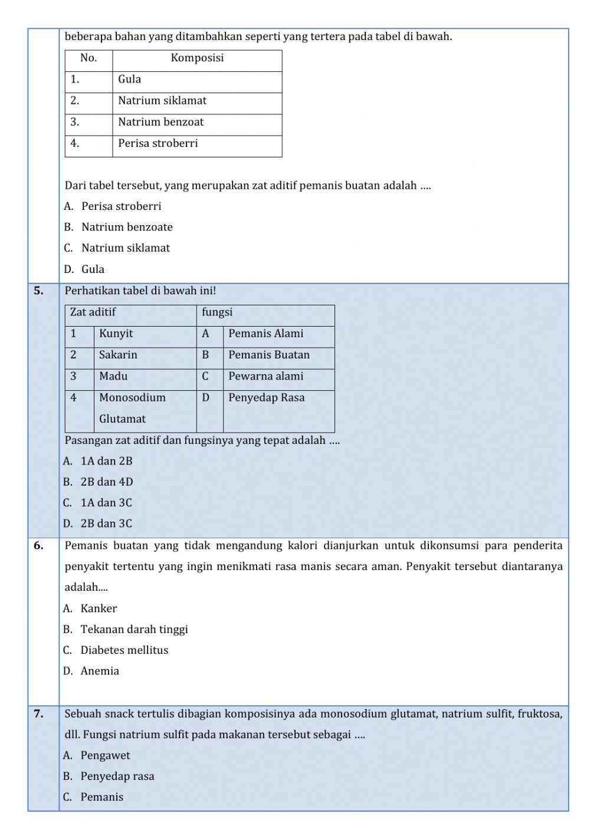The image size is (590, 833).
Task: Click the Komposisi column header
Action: coord(197,58)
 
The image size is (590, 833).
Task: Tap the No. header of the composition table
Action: coord(88,58)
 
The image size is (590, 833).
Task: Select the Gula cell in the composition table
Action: coord(130,80)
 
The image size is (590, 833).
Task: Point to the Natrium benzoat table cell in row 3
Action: coord(160,122)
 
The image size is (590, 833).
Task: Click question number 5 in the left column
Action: coord(39,291)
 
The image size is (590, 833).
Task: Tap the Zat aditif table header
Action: coord(93,312)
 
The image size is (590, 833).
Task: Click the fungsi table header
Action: coord(217,312)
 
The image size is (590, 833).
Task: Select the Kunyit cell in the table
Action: coord(116,334)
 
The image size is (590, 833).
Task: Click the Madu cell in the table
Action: coord(113,376)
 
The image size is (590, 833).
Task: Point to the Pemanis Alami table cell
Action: coord(265,334)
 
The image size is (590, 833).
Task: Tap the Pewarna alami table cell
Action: coord(265,376)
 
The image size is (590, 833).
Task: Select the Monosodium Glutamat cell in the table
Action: coord(132,408)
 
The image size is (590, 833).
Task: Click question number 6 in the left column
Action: coord(39,546)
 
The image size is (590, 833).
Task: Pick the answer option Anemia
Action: coord(100,671)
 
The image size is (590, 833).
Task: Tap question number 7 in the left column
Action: coord(39,714)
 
